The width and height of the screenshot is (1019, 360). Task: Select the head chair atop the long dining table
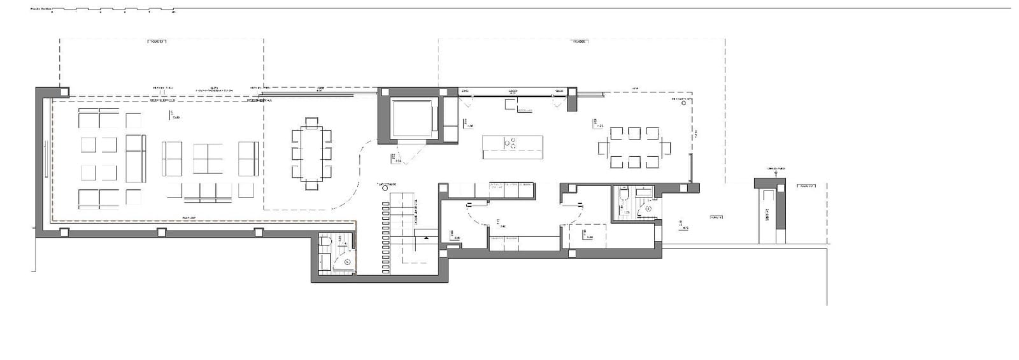[x=311, y=122]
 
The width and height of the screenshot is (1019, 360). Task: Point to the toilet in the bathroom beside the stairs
[x=324, y=242]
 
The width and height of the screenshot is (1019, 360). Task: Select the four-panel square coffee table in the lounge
[x=208, y=159]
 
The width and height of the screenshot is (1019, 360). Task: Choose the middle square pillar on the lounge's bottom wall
[x=160, y=233]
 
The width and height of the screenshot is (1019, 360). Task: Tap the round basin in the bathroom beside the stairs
[x=346, y=261]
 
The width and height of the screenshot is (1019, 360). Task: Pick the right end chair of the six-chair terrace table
[x=666, y=148]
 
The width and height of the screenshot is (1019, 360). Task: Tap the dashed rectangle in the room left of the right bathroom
[x=586, y=236]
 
